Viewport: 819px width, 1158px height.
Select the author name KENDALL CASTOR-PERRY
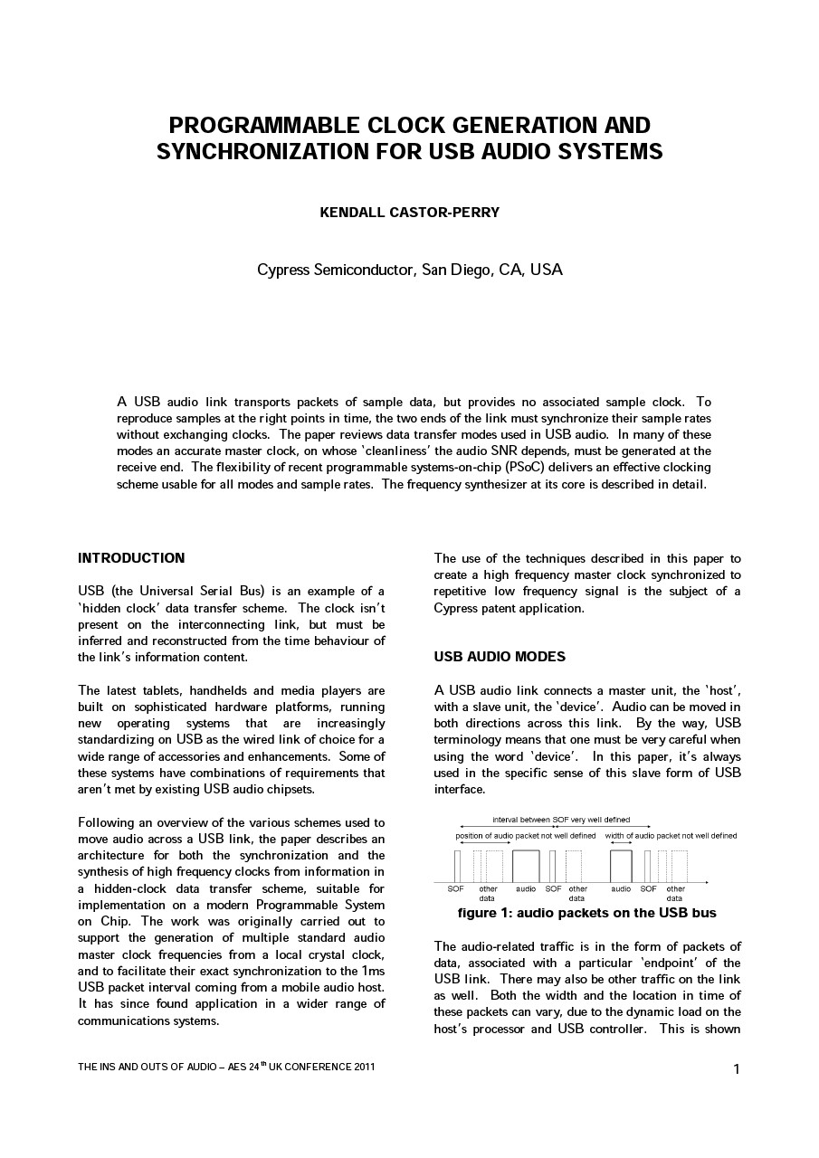[x=409, y=213]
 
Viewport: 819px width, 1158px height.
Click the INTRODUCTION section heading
[x=131, y=558]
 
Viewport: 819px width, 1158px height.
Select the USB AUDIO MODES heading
[x=500, y=657]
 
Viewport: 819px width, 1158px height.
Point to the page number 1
[x=737, y=1070]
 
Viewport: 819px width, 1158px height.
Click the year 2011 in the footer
[x=361, y=1068]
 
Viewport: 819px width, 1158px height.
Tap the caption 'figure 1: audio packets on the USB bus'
[x=586, y=914]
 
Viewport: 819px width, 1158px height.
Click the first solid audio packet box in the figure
[x=526, y=866]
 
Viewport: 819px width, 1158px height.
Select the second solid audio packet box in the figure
[x=621, y=866]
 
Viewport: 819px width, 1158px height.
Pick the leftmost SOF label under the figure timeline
[x=456, y=889]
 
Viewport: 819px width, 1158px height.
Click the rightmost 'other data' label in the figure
[x=675, y=894]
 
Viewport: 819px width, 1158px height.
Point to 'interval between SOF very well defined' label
[x=561, y=820]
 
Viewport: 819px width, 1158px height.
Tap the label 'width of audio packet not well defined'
[x=671, y=836]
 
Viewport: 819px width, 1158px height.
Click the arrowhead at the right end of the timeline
[x=706, y=882]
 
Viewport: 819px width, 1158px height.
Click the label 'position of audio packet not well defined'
[x=526, y=836]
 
